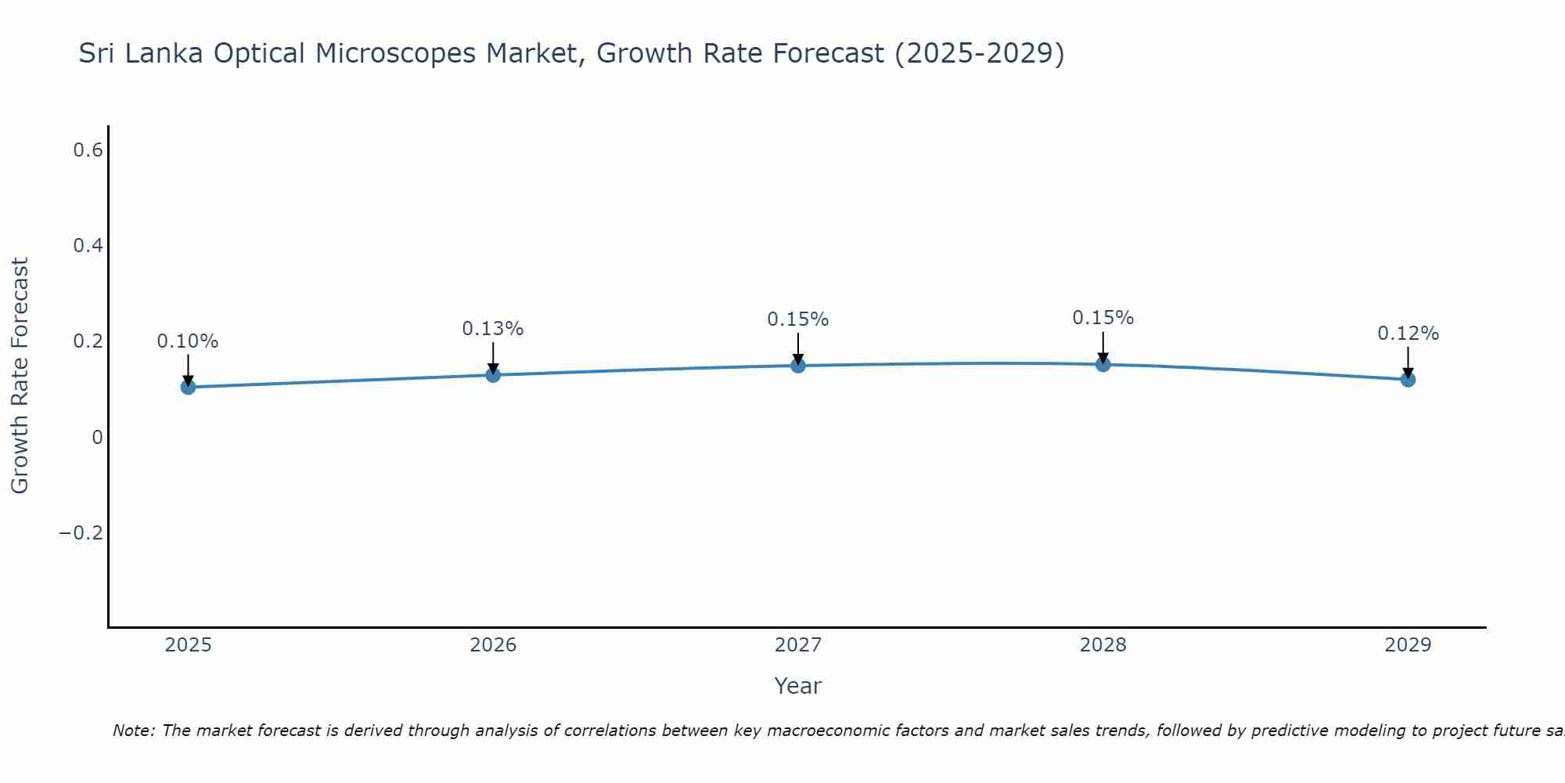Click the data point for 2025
pos(188,387)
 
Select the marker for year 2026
pos(493,375)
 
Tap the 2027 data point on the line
pos(798,366)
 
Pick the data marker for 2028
pos(1103,364)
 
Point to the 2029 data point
pos(1408,380)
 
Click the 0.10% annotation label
pos(188,341)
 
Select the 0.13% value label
pos(493,329)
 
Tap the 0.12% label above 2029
pos(1408,334)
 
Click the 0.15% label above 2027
pos(798,319)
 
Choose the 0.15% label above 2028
pos(1103,318)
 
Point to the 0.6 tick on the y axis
pos(88,150)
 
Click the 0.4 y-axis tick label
pos(88,246)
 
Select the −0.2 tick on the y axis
pos(81,533)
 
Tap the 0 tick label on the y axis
pos(97,438)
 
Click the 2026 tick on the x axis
pos(493,645)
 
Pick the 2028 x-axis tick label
pos(1103,645)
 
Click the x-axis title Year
pos(798,687)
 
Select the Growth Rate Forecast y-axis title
pos(20,376)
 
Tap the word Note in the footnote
pos(132,731)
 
